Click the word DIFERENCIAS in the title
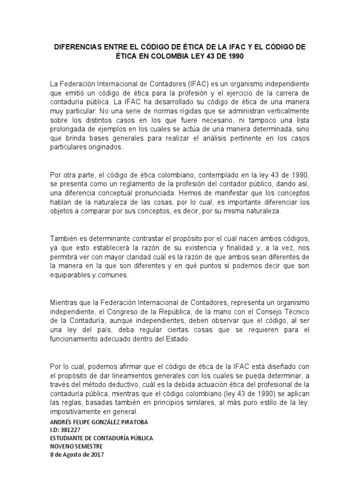(76, 48)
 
